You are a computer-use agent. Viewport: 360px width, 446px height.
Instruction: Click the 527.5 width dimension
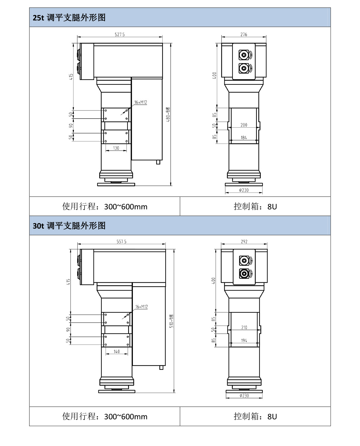point(120,35)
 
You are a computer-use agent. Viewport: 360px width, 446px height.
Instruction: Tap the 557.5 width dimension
point(121,241)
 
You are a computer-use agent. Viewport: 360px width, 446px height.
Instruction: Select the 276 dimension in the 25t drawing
point(244,35)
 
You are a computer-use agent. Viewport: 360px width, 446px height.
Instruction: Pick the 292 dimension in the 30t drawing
point(244,241)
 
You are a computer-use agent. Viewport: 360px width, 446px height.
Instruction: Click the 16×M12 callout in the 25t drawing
point(140,102)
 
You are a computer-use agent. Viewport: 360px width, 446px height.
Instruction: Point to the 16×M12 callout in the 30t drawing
point(141,307)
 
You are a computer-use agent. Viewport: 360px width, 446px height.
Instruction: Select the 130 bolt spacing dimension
point(116,148)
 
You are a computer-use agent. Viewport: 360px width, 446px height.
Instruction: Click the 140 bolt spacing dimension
point(117,351)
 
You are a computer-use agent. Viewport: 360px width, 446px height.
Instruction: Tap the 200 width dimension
point(244,125)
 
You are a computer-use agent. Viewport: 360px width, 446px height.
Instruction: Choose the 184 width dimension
point(244,138)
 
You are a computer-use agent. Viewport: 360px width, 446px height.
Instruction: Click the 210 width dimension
point(244,327)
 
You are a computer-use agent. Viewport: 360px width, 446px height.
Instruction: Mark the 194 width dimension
point(244,340)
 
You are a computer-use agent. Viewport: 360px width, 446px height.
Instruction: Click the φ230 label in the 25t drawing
point(244,190)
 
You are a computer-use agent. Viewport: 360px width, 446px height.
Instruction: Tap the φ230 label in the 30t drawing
point(244,396)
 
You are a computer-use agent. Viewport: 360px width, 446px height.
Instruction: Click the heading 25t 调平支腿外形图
point(69,17)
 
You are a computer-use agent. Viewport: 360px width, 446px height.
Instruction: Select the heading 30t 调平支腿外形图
point(69,226)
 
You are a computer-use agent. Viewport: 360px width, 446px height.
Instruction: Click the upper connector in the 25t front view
point(244,55)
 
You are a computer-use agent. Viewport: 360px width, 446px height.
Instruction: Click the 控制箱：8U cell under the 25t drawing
point(255,206)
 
